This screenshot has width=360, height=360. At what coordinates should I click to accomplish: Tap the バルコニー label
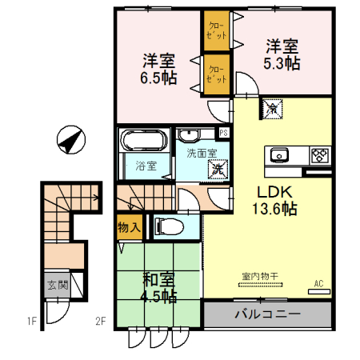[x=267, y=314]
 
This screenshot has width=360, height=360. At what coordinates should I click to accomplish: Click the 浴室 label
[x=146, y=166]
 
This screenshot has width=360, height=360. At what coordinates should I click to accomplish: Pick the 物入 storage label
[x=129, y=227]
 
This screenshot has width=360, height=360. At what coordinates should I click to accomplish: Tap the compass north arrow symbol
[x=71, y=142]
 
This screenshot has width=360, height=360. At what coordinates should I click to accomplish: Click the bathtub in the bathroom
[x=142, y=142]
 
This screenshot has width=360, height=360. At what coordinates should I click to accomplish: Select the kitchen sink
[x=281, y=154]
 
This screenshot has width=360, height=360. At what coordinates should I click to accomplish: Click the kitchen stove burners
[x=318, y=154]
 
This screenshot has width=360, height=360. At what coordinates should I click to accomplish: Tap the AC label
[x=318, y=283]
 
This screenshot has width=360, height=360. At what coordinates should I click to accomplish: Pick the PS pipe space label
[x=224, y=133]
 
